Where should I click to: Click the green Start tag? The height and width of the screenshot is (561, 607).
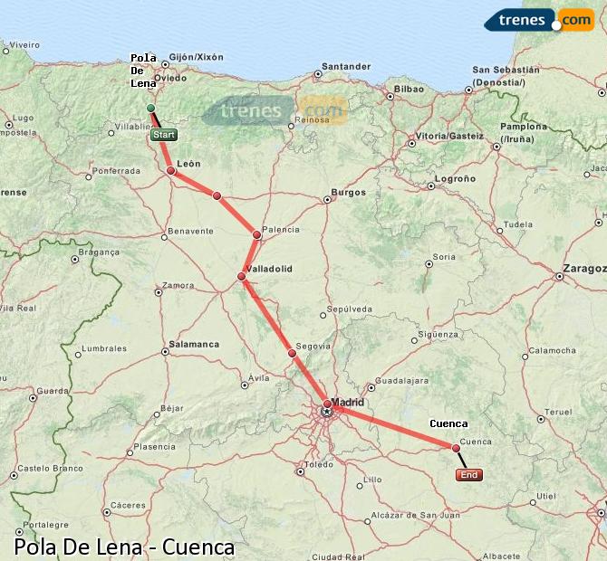164,135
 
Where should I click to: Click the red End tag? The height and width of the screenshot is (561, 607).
468,475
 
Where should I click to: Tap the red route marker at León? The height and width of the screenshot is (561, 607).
170,169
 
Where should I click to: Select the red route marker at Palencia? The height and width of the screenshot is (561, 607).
257,234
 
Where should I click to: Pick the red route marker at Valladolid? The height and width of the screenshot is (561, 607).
242,276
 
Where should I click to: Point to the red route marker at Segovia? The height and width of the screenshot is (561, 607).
292,353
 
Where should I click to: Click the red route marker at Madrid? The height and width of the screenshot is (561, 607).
327,404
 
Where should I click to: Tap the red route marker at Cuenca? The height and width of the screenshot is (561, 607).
456,447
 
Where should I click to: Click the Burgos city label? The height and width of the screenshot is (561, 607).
348,192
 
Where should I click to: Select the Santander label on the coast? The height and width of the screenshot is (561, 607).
347,67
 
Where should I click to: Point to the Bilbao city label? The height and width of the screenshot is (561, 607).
409,90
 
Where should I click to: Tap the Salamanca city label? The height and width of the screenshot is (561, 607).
194,344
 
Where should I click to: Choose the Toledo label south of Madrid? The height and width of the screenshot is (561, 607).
319,465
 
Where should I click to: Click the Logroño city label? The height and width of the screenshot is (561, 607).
455,179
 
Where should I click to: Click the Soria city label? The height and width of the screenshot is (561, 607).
444,257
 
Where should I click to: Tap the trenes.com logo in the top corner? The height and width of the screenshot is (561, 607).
538,20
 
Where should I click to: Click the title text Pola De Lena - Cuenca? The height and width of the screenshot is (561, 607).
124,547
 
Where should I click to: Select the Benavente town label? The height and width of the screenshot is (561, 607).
191,231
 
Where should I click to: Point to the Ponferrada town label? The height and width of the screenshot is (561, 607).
116,170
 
